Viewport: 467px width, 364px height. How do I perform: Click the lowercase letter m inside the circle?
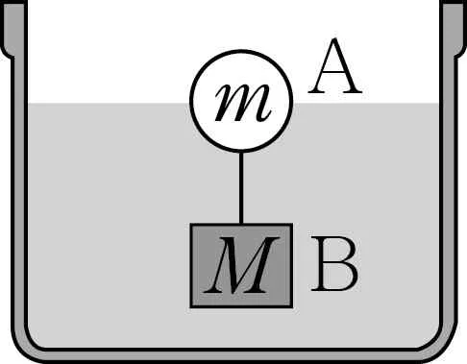(243, 103)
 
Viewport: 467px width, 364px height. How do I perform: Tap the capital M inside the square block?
(241, 265)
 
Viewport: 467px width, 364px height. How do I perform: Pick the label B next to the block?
(334, 263)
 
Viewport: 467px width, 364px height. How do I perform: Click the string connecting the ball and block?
(241, 187)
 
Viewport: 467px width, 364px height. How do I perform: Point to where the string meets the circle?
(241, 152)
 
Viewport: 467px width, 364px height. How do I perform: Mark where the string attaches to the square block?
(241, 224)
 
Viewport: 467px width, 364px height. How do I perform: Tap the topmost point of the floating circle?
(241, 50)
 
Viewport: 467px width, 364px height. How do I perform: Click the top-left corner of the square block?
(191, 224)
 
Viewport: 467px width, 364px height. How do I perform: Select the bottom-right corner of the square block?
(292, 307)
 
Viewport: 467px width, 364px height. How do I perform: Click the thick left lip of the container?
(13, 29)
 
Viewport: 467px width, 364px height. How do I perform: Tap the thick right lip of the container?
(454, 29)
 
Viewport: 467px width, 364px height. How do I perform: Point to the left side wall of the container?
(19, 192)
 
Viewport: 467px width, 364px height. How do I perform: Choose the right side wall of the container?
(448, 192)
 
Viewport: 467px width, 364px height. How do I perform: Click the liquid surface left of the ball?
(109, 104)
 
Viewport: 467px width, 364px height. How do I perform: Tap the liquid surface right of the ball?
(366, 104)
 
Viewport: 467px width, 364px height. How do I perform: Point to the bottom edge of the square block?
(241, 307)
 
